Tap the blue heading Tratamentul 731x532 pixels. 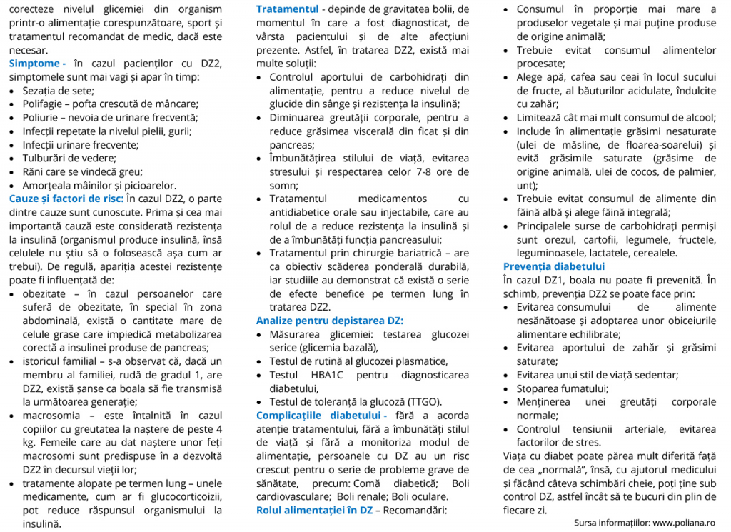[287, 10]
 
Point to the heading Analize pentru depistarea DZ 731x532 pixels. [329, 321]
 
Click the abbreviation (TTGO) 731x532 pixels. [424, 401]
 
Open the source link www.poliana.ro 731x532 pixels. [684, 523]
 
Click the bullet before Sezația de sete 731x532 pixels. [14, 91]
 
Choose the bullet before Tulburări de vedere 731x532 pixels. [14, 159]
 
